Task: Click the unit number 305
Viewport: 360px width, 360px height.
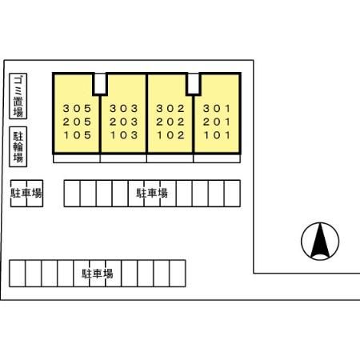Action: pyautogui.click(x=78, y=109)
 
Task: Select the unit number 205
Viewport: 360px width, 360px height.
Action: pyautogui.click(x=78, y=122)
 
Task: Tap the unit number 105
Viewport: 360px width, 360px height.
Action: pyautogui.click(x=78, y=135)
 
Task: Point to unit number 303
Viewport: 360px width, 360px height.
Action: pyautogui.click(x=124, y=109)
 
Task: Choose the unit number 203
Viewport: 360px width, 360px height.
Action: pyautogui.click(x=124, y=122)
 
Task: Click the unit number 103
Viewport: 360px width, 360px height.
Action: pyautogui.click(x=124, y=135)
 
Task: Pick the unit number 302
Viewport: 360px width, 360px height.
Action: pyautogui.click(x=170, y=109)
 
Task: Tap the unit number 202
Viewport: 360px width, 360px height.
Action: pyautogui.click(x=170, y=122)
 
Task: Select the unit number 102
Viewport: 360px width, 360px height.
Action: pyautogui.click(x=170, y=135)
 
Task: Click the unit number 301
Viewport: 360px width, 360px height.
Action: pyautogui.click(x=217, y=109)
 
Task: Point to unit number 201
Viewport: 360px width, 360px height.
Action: pyautogui.click(x=217, y=122)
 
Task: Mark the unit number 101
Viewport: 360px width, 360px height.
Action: pyautogui.click(x=217, y=135)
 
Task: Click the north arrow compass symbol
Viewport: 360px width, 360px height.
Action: pyautogui.click(x=320, y=242)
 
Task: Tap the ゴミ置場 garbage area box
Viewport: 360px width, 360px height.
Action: pyautogui.click(x=18, y=96)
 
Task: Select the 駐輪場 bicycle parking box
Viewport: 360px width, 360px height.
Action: pyautogui.click(x=18, y=146)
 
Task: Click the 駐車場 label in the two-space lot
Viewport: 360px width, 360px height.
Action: pyautogui.click(x=26, y=193)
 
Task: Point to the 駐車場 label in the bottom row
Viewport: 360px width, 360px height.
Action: pyautogui.click(x=98, y=274)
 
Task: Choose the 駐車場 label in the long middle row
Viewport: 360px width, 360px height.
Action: pyautogui.click(x=152, y=193)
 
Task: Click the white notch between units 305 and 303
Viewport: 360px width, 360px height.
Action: pyautogui.click(x=100, y=83)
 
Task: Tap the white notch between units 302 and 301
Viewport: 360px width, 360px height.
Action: pyautogui.click(x=194, y=83)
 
